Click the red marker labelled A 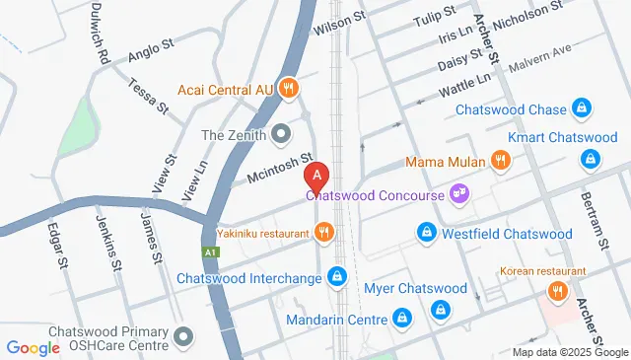(x=316, y=177)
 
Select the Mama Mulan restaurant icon (x=501, y=161)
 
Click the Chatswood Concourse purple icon (x=457, y=193)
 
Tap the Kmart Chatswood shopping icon (x=590, y=158)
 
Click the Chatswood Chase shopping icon (x=583, y=109)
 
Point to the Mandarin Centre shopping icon (x=401, y=319)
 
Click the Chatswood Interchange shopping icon (x=338, y=276)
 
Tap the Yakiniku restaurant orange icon (x=323, y=234)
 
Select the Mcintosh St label (x=279, y=168)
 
